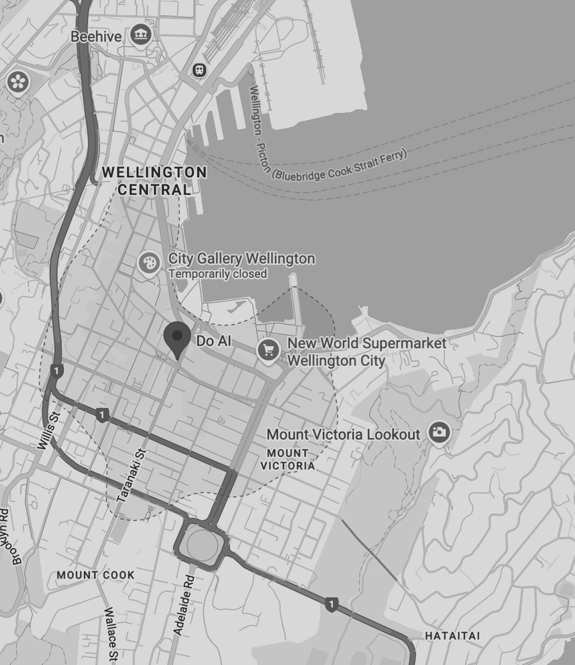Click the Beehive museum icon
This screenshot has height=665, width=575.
pyautogui.click(x=141, y=34)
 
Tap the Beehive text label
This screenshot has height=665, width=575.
pyautogui.click(x=96, y=37)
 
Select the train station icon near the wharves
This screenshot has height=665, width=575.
pyautogui.click(x=200, y=70)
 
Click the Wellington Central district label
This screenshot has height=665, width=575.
pyautogui.click(x=154, y=181)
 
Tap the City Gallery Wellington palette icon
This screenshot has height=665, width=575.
pyautogui.click(x=149, y=263)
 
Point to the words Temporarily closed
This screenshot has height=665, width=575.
pyautogui.click(x=218, y=274)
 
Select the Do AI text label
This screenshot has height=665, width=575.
pyautogui.click(x=214, y=341)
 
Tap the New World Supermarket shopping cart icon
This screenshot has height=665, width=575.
pyautogui.click(x=268, y=350)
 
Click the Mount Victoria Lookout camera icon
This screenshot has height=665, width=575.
pyautogui.click(x=439, y=432)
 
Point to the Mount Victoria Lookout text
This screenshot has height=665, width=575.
pyautogui.click(x=343, y=435)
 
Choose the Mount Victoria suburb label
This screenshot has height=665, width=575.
pyautogui.click(x=287, y=459)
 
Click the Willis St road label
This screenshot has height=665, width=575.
pyautogui.click(x=49, y=431)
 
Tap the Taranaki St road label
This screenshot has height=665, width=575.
pyautogui.click(x=131, y=476)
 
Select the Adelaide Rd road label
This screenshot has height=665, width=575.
pyautogui.click(x=184, y=605)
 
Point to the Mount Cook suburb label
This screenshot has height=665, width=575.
pyautogui.click(x=96, y=575)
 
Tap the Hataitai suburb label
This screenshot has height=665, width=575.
pyautogui.click(x=452, y=636)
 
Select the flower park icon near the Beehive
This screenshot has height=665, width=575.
pyautogui.click(x=18, y=82)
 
